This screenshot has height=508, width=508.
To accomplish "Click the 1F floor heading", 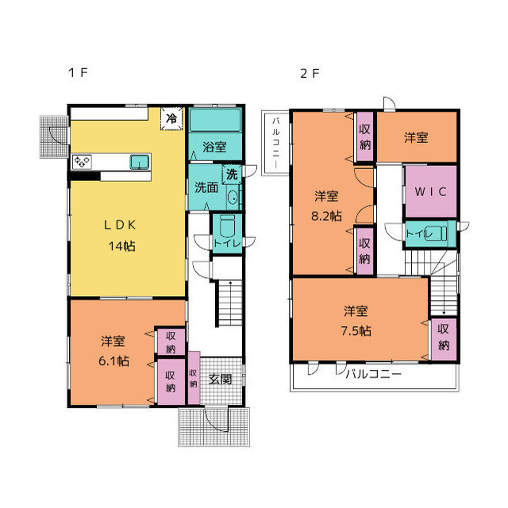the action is (x=78, y=72).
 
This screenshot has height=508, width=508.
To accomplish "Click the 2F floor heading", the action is (x=310, y=74).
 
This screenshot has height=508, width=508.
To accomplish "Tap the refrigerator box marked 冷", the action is (x=171, y=118).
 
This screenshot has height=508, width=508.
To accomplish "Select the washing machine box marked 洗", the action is (x=232, y=175).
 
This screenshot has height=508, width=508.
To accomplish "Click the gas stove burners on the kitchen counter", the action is (x=82, y=162).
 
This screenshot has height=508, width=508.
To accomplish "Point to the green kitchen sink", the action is (x=140, y=162).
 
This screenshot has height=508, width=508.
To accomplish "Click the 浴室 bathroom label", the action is (x=214, y=147).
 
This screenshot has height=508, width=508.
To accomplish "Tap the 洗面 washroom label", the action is (x=206, y=187).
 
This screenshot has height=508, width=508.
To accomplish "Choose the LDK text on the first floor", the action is (x=120, y=225).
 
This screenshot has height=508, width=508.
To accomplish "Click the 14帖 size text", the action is (x=121, y=246).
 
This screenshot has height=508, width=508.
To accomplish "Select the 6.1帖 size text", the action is (x=114, y=361).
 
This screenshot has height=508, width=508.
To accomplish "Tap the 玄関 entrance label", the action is (x=220, y=379).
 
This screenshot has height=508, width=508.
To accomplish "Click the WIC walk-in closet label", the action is (x=430, y=191).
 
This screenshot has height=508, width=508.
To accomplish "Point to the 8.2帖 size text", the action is (x=326, y=216).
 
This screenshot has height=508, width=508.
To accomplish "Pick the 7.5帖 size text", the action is (x=356, y=331).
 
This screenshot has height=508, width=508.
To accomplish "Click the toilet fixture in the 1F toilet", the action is (x=227, y=227).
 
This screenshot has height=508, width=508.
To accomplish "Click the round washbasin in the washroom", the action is (x=233, y=197).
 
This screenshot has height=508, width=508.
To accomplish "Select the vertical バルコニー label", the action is (x=275, y=143).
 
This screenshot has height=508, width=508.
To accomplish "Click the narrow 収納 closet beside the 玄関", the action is (x=194, y=378).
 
